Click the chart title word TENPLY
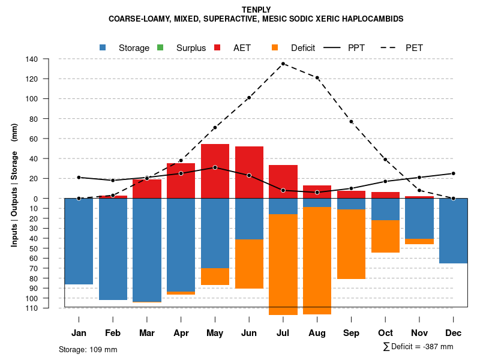pyautogui.click(x=256, y=10)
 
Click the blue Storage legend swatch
pyautogui.click(x=103, y=47)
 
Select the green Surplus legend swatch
pyautogui.click(x=160, y=47)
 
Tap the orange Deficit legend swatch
pyautogui.click(x=275, y=47)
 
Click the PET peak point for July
pyautogui.click(x=283, y=64)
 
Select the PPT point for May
pyautogui.click(x=215, y=167)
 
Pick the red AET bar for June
pyautogui.click(x=249, y=162)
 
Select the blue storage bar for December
pyautogui.click(x=454, y=230)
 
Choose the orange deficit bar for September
pyautogui.click(x=351, y=244)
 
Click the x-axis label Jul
pyautogui.click(x=283, y=333)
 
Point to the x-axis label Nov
pyautogui.click(x=419, y=333)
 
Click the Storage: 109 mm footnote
pyautogui.click(x=88, y=349)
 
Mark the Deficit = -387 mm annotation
pyautogui.click(x=418, y=347)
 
